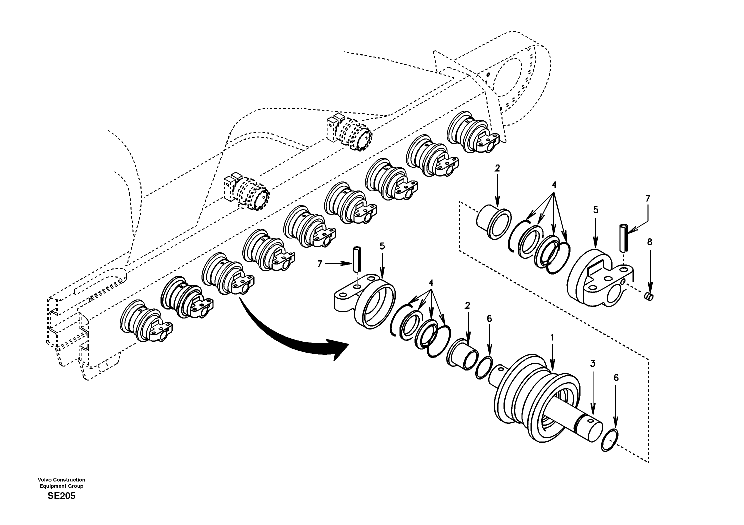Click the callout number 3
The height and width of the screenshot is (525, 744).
[593, 363]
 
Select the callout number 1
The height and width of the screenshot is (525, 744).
[552, 338]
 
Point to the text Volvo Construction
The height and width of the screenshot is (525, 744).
[61, 480]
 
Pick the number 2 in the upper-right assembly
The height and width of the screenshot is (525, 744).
[497, 168]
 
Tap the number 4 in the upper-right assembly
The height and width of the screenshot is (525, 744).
[554, 185]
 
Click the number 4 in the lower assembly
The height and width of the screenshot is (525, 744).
[431, 283]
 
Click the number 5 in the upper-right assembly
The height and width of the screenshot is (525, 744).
[595, 210]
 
